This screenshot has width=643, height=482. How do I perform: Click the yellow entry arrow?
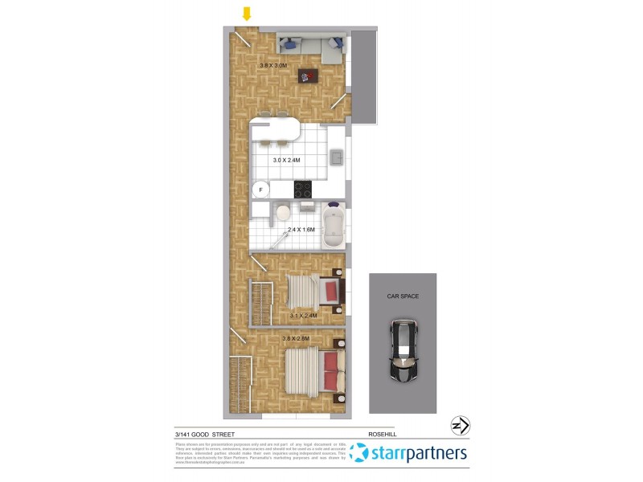[248, 14]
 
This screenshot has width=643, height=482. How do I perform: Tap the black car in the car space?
[403, 350]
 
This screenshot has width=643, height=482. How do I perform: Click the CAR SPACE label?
[403, 296]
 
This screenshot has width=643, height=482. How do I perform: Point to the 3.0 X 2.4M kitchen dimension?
[286, 160]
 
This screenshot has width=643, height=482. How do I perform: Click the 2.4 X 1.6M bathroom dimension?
[302, 230]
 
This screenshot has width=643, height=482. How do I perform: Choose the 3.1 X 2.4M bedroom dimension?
[304, 316]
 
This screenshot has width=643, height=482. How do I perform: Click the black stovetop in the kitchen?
[302, 190]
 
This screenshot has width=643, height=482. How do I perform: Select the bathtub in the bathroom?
[333, 227]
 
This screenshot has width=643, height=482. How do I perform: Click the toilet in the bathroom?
[282, 214]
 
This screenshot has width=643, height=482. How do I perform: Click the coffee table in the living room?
[308, 76]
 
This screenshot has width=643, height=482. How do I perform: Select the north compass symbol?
[461, 426]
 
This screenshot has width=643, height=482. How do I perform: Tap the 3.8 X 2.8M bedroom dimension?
[298, 338]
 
